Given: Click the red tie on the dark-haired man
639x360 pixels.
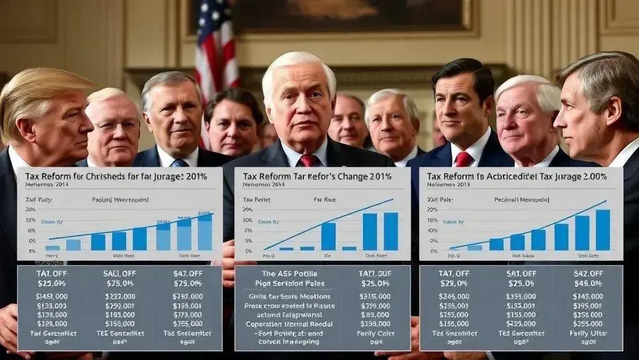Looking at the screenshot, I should pos(464,159).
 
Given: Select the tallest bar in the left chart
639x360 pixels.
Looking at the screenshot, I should pos(205,231).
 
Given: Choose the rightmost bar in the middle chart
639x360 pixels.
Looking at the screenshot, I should pos(391,231).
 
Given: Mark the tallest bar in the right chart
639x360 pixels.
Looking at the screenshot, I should pos(602,229).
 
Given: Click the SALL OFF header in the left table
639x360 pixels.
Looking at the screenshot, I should pos(119,273).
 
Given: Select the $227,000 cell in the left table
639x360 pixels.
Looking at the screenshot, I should pos(119,297).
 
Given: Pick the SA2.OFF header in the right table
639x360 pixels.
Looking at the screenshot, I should pos(590,273).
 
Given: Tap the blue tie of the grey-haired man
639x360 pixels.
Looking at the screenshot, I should pos(180,163).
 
